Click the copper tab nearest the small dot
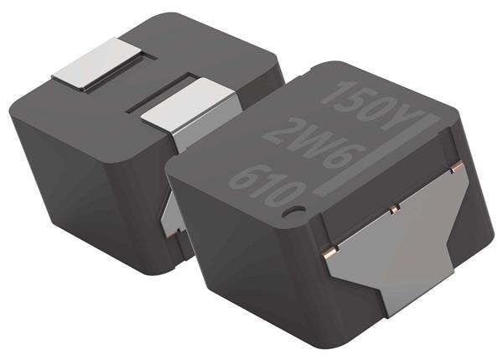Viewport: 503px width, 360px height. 329,249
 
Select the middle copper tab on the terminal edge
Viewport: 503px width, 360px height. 393,205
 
